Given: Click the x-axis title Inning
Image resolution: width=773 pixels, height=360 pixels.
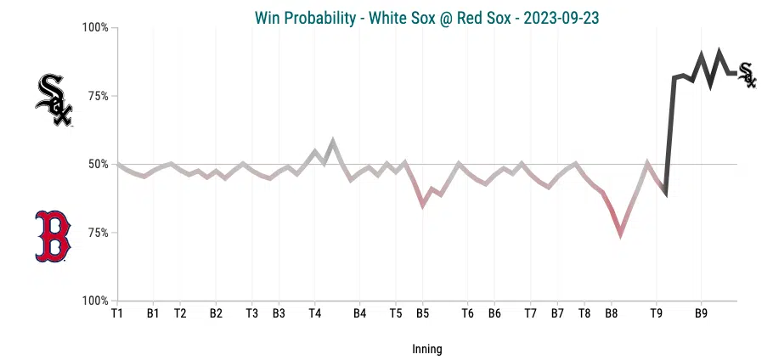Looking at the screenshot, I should click(426, 349).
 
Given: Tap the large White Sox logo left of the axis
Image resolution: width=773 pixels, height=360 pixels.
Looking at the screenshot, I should click(54, 100).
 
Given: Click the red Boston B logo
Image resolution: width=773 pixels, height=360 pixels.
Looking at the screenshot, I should click(53, 236).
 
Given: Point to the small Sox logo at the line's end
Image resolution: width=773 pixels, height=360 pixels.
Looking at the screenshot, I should click(747, 74).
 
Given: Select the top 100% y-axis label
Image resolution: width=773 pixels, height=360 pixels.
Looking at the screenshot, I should click(95, 27).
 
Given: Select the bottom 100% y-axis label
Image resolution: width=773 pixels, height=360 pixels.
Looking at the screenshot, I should click(95, 301).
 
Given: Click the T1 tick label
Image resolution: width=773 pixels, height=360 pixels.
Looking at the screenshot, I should click(117, 313).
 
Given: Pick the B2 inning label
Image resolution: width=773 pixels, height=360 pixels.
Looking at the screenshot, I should click(216, 313).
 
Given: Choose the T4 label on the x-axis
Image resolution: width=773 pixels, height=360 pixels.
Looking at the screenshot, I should click(314, 313).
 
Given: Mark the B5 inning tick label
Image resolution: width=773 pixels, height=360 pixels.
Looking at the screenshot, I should click(422, 313).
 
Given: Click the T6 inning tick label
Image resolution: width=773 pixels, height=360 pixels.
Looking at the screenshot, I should click(467, 313).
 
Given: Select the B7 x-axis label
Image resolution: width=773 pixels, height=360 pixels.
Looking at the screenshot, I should click(557, 313).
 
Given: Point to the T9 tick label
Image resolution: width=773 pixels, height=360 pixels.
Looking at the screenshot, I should click(656, 313).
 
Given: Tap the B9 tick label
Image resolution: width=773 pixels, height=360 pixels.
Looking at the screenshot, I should click(701, 313).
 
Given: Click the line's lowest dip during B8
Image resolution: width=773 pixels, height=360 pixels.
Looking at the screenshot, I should click(621, 233).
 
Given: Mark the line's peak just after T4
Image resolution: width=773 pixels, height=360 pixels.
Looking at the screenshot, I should click(333, 141).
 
